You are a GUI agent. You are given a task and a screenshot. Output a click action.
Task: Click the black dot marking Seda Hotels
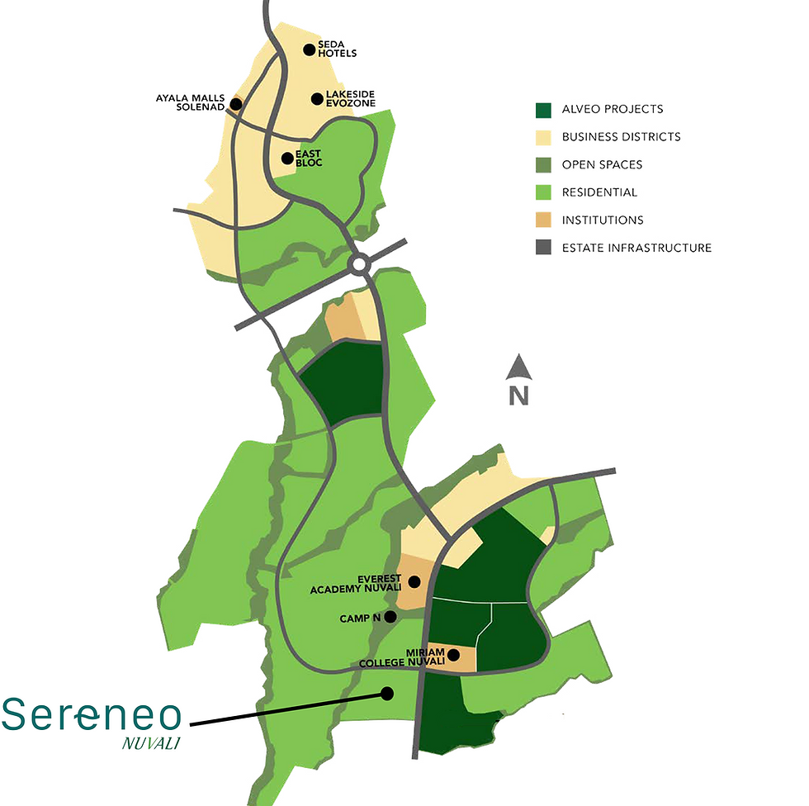(x=310, y=50)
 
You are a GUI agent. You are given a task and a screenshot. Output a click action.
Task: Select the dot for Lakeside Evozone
(x=316, y=99)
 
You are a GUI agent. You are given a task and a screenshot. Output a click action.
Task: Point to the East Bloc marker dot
(x=287, y=158)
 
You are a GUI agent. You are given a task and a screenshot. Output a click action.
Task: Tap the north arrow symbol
(x=518, y=367)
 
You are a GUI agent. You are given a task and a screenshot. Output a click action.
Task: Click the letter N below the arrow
(x=518, y=396)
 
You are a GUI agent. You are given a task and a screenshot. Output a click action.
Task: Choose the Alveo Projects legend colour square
(x=543, y=109)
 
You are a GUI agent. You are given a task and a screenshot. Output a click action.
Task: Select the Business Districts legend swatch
(x=543, y=137)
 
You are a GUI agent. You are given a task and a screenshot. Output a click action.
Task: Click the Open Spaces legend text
(x=602, y=164)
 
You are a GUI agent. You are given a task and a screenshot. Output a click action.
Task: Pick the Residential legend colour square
(x=543, y=192)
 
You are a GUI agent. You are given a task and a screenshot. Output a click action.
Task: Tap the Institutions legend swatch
(x=543, y=220)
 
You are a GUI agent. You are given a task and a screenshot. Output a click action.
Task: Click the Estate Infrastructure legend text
(x=636, y=248)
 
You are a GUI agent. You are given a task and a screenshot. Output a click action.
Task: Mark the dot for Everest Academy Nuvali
(x=414, y=581)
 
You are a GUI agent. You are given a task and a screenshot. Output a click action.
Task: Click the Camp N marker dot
(x=390, y=616)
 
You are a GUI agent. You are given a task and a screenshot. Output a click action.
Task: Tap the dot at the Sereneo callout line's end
(x=387, y=694)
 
